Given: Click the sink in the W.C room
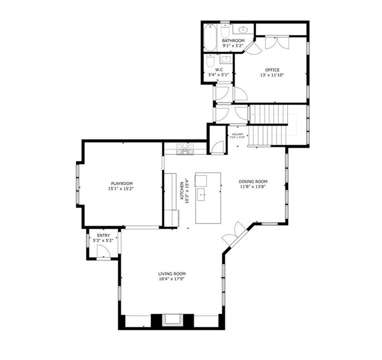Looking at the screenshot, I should tap(225, 60).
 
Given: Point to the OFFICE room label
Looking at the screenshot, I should tap(272, 70).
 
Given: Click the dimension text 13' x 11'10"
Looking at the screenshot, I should tap(272, 75).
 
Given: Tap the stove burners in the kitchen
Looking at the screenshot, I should tap(185, 149).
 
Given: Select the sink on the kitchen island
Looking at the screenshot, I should tap(202, 194).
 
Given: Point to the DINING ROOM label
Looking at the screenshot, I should tap(253, 181).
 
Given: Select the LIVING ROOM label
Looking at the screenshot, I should tap(172, 274).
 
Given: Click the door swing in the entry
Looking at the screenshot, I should tap(103, 252).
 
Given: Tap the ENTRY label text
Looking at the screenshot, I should tap(103, 235).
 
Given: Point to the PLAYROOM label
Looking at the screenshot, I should tap(121, 183).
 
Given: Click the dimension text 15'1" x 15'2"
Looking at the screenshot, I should tap(121, 189).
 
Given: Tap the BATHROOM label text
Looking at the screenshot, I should tap(233, 41).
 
